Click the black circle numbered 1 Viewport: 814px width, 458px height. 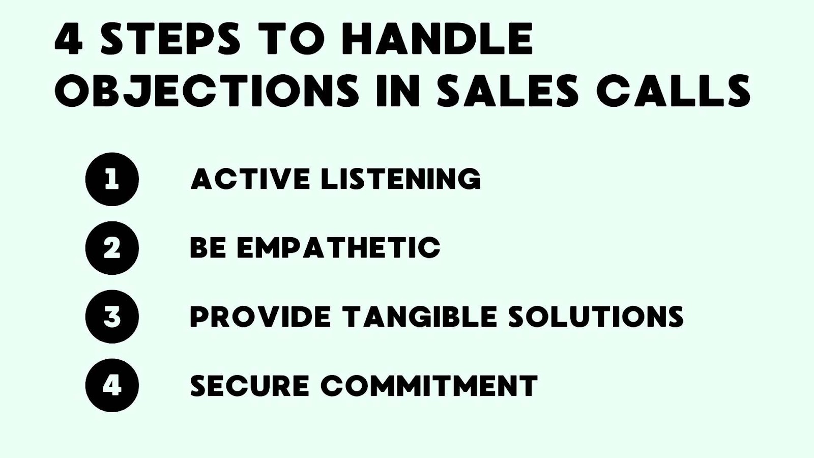[x=112, y=179]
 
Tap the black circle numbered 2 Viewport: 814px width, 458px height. [x=112, y=248]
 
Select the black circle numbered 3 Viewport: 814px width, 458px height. [x=112, y=317]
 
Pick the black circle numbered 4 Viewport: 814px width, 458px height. [x=112, y=385]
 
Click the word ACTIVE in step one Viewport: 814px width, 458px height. [x=250, y=179]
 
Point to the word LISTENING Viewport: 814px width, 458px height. [x=400, y=179]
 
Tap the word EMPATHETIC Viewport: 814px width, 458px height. [x=338, y=248]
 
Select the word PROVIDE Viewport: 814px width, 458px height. [x=260, y=317]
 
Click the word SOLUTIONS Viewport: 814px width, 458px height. [x=596, y=317]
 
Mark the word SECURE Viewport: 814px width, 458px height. [x=249, y=385]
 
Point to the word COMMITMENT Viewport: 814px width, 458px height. [x=429, y=385]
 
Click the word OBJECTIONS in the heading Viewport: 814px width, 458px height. [x=207, y=90]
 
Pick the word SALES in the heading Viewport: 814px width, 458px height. [x=508, y=90]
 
